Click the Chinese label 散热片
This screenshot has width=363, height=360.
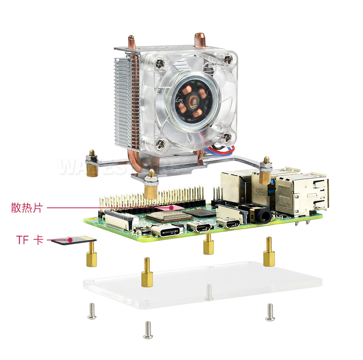pyautogui.click(x=26, y=208)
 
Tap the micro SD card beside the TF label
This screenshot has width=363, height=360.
pyautogui.click(x=74, y=240)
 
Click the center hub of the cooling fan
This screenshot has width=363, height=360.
pyautogui.click(x=193, y=101)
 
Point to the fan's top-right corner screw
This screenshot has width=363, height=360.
pyautogui.click(x=228, y=59)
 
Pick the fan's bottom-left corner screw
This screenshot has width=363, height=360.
pyautogui.click(x=160, y=143)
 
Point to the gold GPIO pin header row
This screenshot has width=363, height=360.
pyautogui.click(x=151, y=197)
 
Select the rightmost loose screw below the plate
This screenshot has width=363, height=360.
pyautogui.click(x=270, y=312)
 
